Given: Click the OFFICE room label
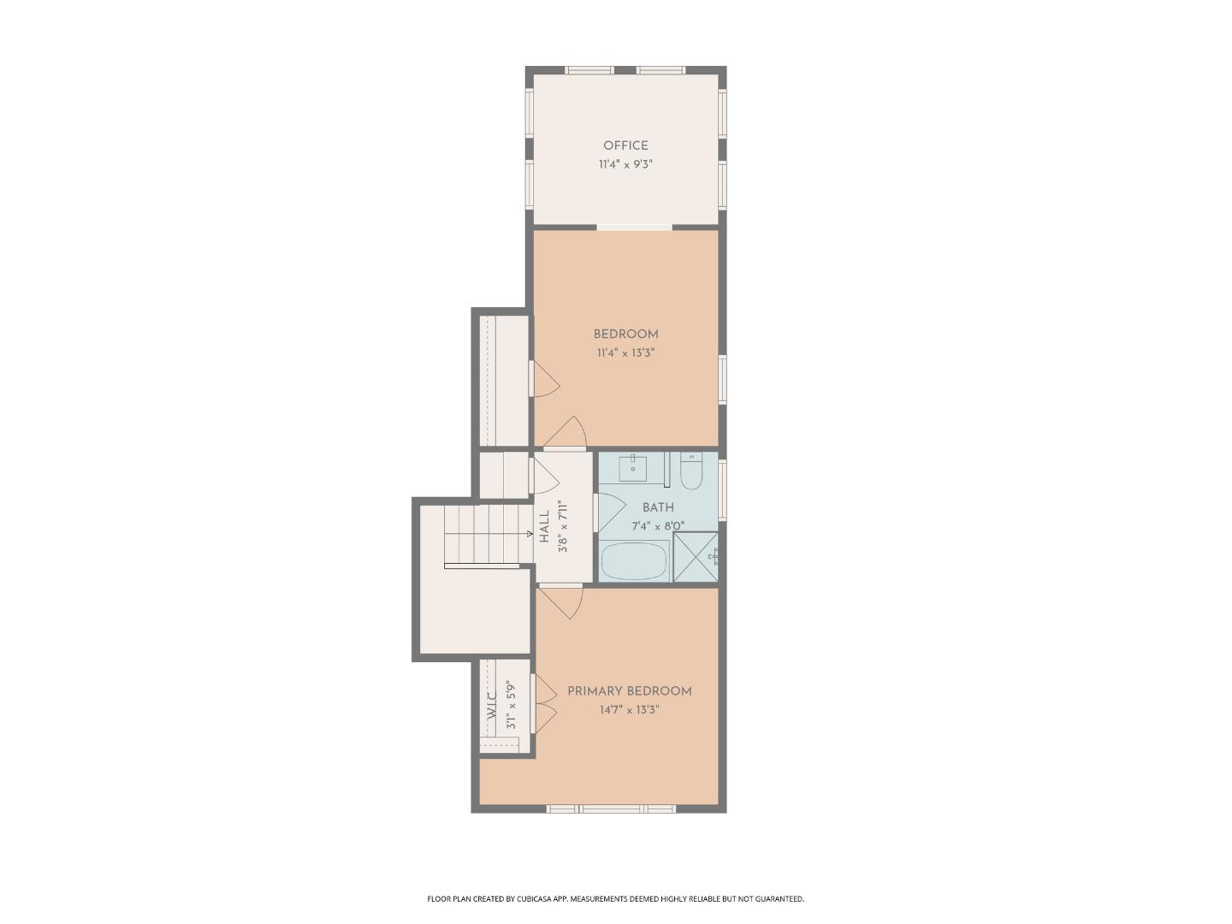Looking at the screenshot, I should point(625,145).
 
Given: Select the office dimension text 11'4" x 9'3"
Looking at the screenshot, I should point(625,164).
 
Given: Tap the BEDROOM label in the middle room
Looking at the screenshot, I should point(625,335).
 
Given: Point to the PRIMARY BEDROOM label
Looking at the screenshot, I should point(629,691).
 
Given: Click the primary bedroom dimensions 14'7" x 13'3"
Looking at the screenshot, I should point(629,710).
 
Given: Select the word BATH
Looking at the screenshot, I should point(658,508).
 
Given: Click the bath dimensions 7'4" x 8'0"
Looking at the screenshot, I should point(658,527).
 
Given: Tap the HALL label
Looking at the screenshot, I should point(544,526).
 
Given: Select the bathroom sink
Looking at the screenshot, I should point(632,468).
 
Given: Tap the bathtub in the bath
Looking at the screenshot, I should point(634,561).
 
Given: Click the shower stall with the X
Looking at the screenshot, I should point(696,557).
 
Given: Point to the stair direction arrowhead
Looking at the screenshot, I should point(530,534).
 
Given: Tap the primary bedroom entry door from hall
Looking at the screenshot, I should point(563,599).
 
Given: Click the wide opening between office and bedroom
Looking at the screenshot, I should point(634,228).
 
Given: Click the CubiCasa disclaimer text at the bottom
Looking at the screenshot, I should point(615,899).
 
